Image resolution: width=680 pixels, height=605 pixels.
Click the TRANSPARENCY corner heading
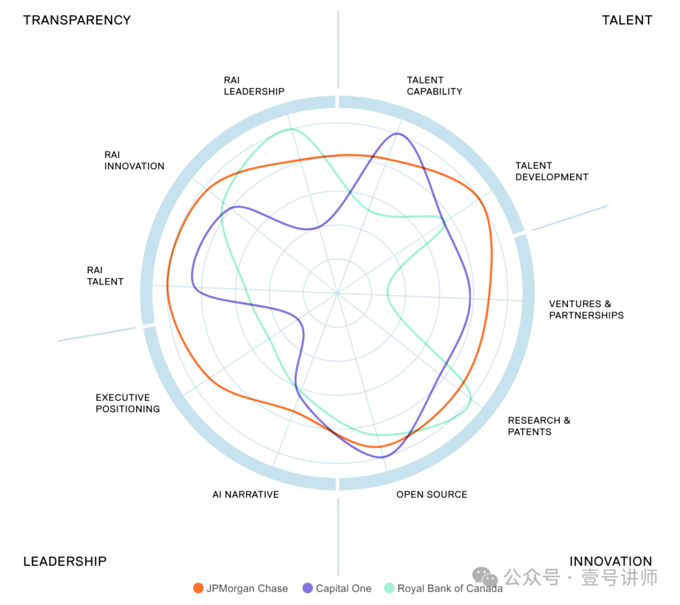coord(77,20)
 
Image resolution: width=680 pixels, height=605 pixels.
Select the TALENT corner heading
coord(626,20)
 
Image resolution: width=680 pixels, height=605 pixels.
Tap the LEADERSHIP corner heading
coord(65,561)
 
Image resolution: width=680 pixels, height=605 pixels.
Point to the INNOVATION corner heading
coord(610,561)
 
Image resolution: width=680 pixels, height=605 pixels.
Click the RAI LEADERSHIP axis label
coord(254,86)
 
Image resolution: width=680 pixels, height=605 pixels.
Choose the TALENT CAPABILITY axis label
coord(434,86)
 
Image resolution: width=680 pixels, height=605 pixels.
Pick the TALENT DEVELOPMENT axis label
coord(552,171)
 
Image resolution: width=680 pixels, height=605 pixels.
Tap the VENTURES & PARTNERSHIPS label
coord(586,309)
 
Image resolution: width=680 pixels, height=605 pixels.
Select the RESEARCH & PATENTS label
coord(539,426)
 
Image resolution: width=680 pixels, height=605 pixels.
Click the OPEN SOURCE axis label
coord(431,494)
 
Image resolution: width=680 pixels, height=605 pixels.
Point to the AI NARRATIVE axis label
coord(246,494)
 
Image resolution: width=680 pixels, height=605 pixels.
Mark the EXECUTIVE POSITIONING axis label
coord(128,403)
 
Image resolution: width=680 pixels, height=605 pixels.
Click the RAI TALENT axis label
coord(105,276)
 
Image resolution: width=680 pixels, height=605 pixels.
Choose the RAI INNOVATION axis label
coord(134,160)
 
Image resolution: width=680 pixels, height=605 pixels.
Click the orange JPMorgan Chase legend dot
coord(198,588)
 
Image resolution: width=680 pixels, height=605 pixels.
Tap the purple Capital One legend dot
coord(308,588)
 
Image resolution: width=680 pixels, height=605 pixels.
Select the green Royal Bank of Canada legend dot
coord(389,588)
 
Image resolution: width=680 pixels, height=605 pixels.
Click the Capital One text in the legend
coord(343,589)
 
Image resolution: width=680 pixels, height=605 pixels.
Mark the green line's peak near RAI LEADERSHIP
coord(291,129)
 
